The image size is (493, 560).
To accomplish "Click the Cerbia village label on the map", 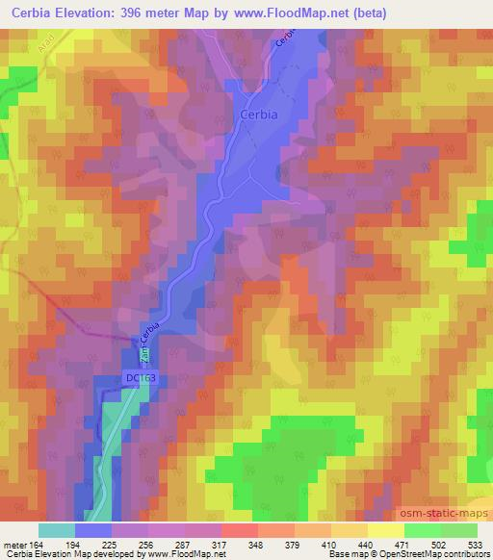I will coord(257,115).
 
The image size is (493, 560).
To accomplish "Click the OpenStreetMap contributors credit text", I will coord(442,553).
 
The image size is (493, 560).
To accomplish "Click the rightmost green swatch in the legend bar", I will coord(459,529).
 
